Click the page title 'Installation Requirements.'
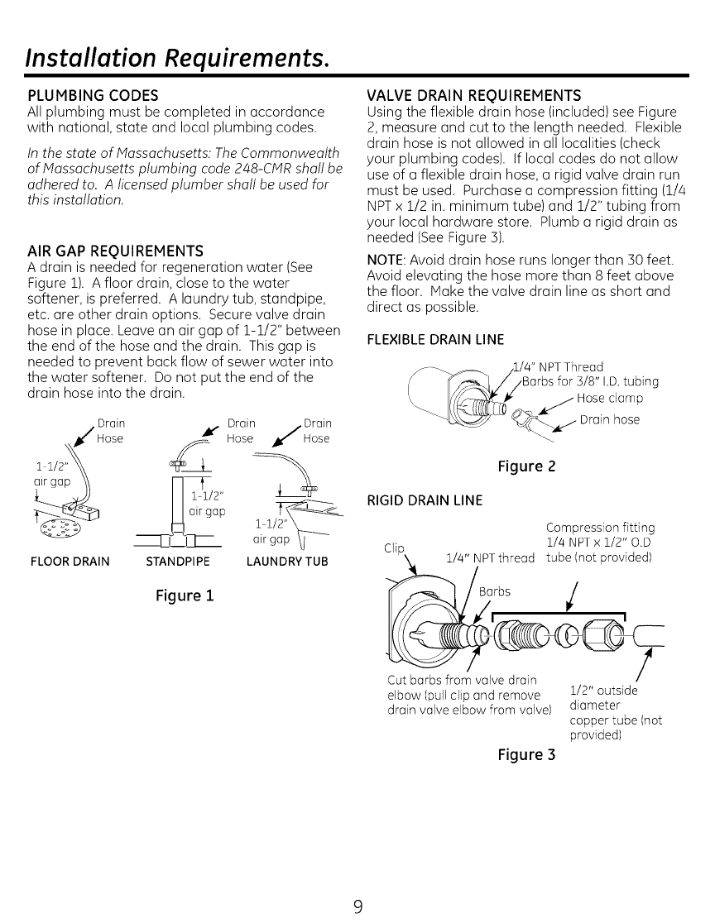[179, 57]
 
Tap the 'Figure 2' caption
[525, 467]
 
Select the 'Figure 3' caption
[525, 754]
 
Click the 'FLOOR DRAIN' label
[65, 562]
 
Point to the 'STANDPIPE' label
[176, 562]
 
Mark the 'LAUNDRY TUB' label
[287, 562]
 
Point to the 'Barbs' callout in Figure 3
[496, 591]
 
